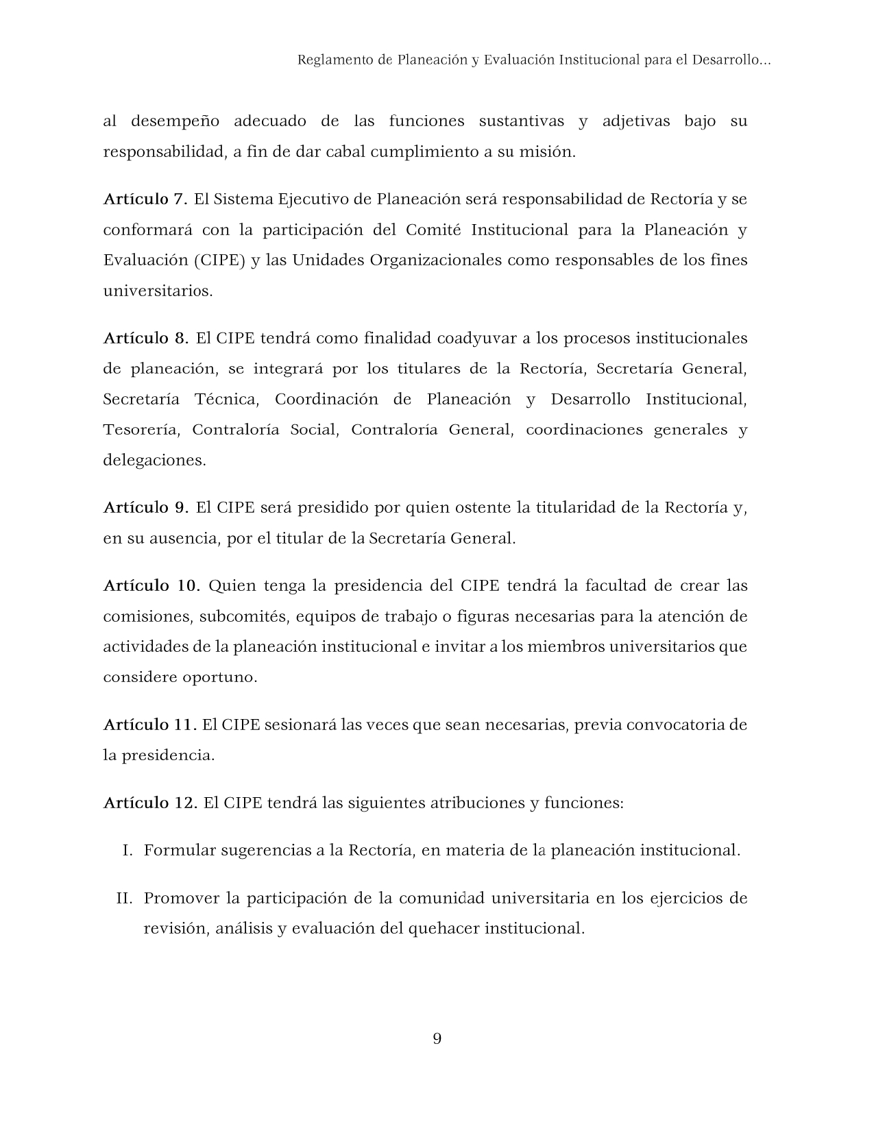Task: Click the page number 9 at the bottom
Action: coord(437,1039)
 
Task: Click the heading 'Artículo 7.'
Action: coord(145,199)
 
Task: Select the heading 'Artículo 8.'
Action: coord(145,339)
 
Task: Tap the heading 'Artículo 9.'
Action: coord(145,508)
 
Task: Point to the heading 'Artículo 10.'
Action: coord(151,586)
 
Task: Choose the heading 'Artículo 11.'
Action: coord(150,725)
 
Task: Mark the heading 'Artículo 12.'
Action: coord(150,803)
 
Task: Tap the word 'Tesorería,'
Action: coord(141,430)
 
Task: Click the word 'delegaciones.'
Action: coord(154,461)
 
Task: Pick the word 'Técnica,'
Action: coord(228,400)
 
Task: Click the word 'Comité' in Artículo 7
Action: coord(433,230)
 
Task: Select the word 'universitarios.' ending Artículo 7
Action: coord(158,291)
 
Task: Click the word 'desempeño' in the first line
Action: coord(175,122)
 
